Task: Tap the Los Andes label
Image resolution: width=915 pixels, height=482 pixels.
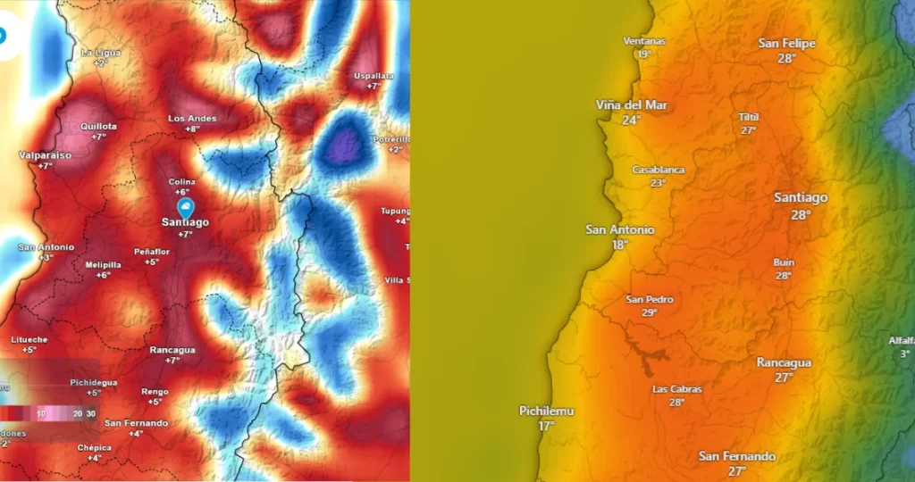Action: click(192, 119)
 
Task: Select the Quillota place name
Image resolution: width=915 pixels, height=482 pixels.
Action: click(98, 127)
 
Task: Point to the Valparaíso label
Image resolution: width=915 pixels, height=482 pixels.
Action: click(45, 155)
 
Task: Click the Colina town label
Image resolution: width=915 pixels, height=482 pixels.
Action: click(182, 182)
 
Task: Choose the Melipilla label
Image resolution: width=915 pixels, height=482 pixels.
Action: click(103, 265)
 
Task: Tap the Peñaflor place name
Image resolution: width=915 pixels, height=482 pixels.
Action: click(152, 253)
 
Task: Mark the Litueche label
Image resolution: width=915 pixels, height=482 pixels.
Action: click(29, 339)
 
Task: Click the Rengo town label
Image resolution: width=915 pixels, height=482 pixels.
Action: click(155, 391)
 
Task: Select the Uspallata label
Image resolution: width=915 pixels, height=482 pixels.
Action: click(374, 76)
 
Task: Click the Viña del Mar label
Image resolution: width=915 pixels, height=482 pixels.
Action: click(632, 105)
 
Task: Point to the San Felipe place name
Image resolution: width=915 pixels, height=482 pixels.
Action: click(786, 43)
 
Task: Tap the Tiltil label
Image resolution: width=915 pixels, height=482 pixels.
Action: click(749, 117)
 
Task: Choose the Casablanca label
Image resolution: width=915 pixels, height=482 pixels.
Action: click(659, 170)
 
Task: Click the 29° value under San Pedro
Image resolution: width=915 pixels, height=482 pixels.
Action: click(650, 313)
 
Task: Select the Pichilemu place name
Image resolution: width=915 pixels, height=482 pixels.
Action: click(546, 411)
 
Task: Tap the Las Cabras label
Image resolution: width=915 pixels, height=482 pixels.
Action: click(676, 389)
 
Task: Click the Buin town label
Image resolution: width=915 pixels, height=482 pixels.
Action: click(784, 262)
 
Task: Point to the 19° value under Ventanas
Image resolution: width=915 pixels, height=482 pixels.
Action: click(643, 54)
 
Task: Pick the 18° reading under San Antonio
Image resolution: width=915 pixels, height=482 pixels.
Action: click(619, 245)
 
